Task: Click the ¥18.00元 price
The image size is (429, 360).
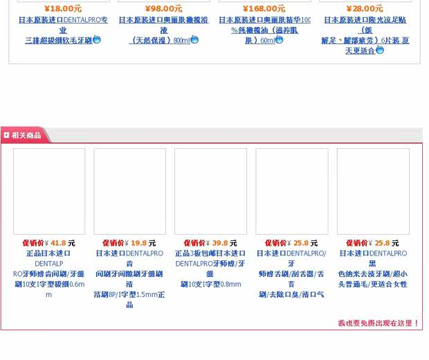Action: click(63, 9)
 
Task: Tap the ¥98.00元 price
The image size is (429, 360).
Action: click(164, 9)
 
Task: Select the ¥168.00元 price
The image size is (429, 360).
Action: click(264, 9)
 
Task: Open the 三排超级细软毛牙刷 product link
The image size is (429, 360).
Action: click(58, 41)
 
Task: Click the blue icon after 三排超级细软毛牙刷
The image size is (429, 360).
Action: click(97, 40)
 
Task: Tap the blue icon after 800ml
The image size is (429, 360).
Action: click(194, 40)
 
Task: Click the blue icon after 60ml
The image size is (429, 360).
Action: click(280, 40)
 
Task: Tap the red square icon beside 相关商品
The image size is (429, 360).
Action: click(6, 136)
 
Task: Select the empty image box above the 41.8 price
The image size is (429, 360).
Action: click(49, 191)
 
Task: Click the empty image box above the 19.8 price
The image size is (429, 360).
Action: click(130, 191)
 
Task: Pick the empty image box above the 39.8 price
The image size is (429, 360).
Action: click(210, 191)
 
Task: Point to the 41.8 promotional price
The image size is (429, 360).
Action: click(58, 244)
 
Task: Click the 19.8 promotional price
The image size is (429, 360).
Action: click(138, 244)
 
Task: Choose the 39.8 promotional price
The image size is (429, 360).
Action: click(220, 244)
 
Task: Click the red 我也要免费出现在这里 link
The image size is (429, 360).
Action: click(378, 323)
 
